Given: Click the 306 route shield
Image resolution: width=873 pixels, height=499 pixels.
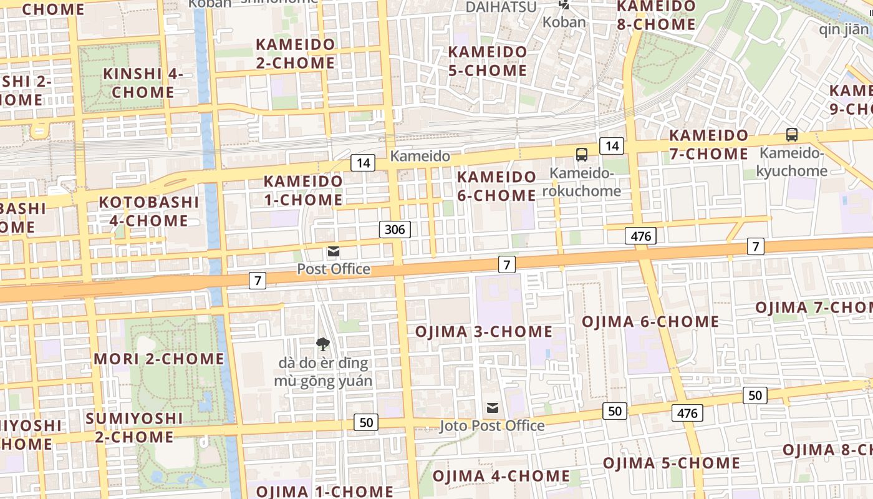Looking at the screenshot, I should [x=394, y=230].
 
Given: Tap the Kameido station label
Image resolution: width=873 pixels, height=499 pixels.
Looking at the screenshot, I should [x=420, y=156].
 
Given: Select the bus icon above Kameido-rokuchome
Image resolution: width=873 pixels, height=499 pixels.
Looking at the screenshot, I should [x=581, y=154].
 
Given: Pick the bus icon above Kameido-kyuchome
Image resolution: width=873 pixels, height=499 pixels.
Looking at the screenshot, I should [x=791, y=134].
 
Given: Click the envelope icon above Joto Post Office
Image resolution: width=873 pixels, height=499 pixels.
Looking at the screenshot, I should [x=493, y=408].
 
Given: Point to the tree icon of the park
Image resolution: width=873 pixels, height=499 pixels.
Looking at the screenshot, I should [x=322, y=344].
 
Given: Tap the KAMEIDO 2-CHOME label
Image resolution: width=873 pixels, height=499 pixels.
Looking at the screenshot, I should [x=296, y=54].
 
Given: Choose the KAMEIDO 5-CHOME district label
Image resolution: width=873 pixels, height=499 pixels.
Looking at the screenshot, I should [x=488, y=61].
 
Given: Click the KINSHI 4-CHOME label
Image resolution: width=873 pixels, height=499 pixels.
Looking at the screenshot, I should [x=143, y=83].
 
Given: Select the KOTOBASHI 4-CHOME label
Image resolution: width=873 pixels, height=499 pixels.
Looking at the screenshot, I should [x=149, y=211].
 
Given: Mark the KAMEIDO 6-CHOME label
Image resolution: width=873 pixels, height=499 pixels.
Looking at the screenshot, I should [x=496, y=187].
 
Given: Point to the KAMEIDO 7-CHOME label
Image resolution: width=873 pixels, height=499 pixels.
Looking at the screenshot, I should [x=708, y=145].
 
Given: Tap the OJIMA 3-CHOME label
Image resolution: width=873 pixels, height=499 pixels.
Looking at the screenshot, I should [x=483, y=331].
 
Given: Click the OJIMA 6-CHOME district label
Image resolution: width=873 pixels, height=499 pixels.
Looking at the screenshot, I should [x=650, y=322].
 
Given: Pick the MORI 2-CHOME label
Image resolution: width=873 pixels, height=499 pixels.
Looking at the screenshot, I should [x=158, y=359].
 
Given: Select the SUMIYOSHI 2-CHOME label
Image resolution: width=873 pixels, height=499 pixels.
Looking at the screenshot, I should [x=134, y=427].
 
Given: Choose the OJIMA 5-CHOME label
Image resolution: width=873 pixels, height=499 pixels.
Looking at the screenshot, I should [x=672, y=463].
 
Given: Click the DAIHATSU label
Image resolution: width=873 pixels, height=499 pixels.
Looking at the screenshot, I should [x=501, y=7].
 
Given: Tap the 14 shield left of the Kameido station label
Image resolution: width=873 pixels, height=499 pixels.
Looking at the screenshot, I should [x=362, y=163].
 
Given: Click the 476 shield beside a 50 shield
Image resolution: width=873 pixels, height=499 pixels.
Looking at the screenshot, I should [x=687, y=412].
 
